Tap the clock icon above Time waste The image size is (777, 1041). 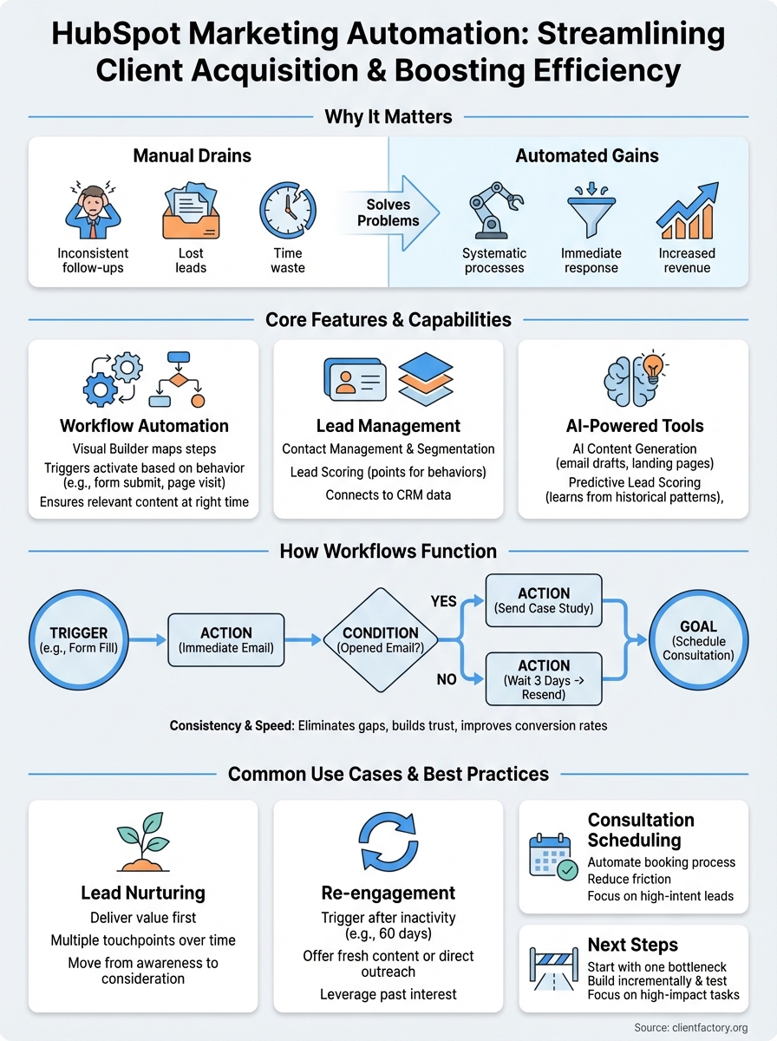coord(287,211)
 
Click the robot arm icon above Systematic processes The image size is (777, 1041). coord(493,211)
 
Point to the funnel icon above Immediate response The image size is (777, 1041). coord(591,211)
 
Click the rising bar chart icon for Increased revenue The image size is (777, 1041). coord(688,211)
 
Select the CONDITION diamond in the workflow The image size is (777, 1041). coord(381,640)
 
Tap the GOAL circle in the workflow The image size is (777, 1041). coord(698,640)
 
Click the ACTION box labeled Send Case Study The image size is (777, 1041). coord(544,599)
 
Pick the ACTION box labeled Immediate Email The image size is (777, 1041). coord(225,640)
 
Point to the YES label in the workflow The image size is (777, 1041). coord(443,601)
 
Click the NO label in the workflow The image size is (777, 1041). coord(447,679)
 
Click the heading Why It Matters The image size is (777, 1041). coord(388,116)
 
